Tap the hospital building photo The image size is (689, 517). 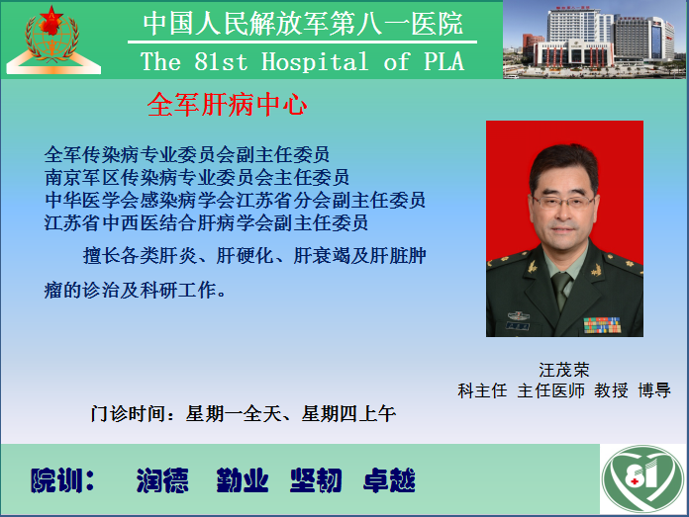point(595,40)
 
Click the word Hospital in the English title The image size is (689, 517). point(315,61)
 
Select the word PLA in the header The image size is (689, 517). point(443,61)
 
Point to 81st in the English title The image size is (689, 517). point(221,61)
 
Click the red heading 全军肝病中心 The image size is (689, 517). point(227,105)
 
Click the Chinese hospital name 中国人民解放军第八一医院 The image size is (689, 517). point(303,24)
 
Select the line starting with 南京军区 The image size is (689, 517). point(196,177)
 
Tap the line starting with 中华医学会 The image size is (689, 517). point(235,200)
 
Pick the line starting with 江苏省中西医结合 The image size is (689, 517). point(206,223)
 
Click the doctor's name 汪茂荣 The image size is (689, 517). point(563,370)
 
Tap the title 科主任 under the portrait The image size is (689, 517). point(482,390)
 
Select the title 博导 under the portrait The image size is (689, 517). point(654,390)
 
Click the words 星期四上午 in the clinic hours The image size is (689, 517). point(348,414)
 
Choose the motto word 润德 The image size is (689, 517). point(162,480)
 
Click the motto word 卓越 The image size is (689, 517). point(389,480)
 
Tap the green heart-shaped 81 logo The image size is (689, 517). point(642,478)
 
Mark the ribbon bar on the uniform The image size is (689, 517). point(602,325)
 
